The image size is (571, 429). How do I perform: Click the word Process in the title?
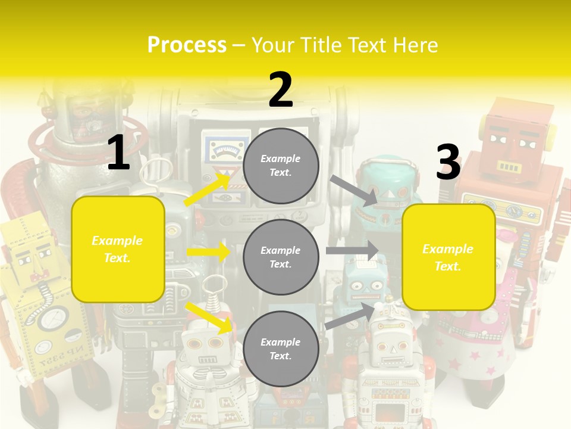pyautogui.click(x=187, y=45)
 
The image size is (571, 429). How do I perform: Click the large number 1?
pyautogui.click(x=118, y=153)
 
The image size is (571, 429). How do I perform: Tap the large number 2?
pyautogui.click(x=281, y=90)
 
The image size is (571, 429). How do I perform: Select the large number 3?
pyautogui.click(x=448, y=163)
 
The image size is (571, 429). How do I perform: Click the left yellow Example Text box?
pyautogui.click(x=118, y=249)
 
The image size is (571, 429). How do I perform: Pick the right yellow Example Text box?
pyautogui.click(x=448, y=257)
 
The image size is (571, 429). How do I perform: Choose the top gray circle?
pyautogui.click(x=281, y=166)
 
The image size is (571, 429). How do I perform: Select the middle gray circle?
pyautogui.click(x=281, y=257)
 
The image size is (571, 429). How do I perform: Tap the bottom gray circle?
pyautogui.click(x=281, y=349)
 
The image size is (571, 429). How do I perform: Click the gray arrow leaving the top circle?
pyautogui.click(x=353, y=190)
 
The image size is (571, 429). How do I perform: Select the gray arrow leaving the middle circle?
pyautogui.click(x=352, y=251)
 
